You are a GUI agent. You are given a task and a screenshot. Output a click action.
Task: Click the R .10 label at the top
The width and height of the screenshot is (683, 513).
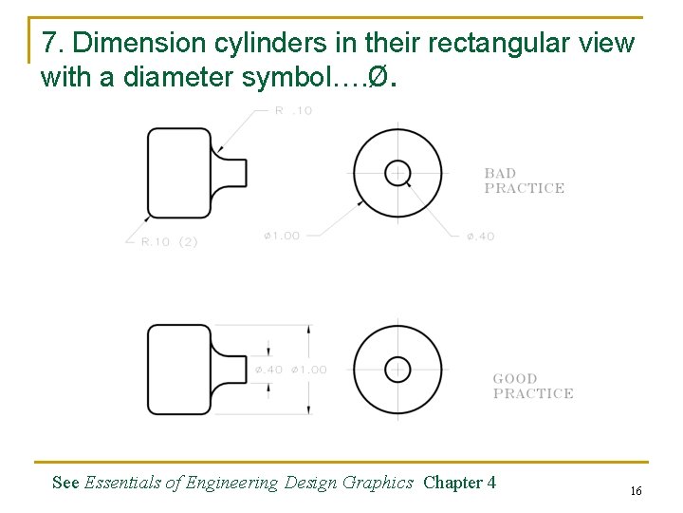(293, 111)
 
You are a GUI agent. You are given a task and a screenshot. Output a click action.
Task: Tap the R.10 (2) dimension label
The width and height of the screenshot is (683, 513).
(169, 242)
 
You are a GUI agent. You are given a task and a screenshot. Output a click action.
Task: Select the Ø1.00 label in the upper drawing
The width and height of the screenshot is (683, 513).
(282, 236)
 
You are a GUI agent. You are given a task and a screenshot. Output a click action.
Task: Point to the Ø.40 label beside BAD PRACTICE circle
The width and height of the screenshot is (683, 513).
(480, 237)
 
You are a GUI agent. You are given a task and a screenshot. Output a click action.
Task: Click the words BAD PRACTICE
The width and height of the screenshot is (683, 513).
(524, 180)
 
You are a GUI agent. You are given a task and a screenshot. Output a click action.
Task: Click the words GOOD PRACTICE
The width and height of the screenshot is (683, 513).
(532, 386)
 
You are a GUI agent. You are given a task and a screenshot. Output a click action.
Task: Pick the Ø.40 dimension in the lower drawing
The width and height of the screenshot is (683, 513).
(268, 370)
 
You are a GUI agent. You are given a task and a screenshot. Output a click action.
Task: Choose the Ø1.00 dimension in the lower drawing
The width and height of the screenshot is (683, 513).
(308, 370)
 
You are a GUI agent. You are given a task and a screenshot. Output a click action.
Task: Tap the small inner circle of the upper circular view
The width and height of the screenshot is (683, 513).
(397, 173)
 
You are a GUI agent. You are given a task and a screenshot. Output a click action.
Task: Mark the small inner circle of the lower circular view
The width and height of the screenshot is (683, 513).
(397, 369)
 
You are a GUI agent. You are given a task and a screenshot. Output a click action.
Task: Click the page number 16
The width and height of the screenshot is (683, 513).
(636, 490)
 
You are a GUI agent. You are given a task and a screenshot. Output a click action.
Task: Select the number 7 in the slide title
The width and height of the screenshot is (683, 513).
(53, 44)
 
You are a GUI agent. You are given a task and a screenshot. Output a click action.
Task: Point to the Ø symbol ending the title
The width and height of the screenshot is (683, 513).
(378, 78)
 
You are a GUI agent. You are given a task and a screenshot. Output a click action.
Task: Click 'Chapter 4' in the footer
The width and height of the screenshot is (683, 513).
(459, 483)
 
